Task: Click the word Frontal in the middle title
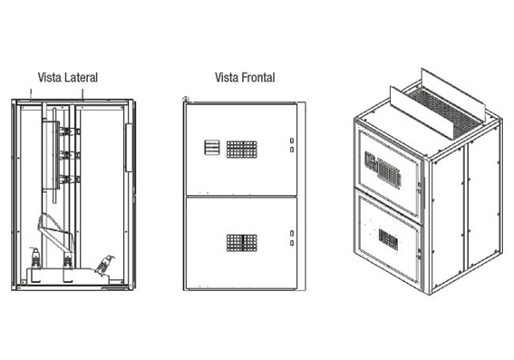[x=258, y=77]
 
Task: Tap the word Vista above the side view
[x=50, y=77]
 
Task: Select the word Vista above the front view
[x=227, y=77]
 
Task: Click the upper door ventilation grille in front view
[x=242, y=150]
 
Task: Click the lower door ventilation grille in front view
[x=242, y=243]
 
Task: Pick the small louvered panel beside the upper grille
[x=212, y=148]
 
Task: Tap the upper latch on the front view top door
[x=292, y=141]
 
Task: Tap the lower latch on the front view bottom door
[x=292, y=243]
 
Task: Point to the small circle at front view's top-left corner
[x=186, y=99]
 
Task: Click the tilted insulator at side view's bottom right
[x=105, y=264]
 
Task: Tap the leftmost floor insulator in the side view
[x=35, y=258]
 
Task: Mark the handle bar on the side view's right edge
[x=129, y=148]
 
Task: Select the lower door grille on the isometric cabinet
[x=389, y=239]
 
